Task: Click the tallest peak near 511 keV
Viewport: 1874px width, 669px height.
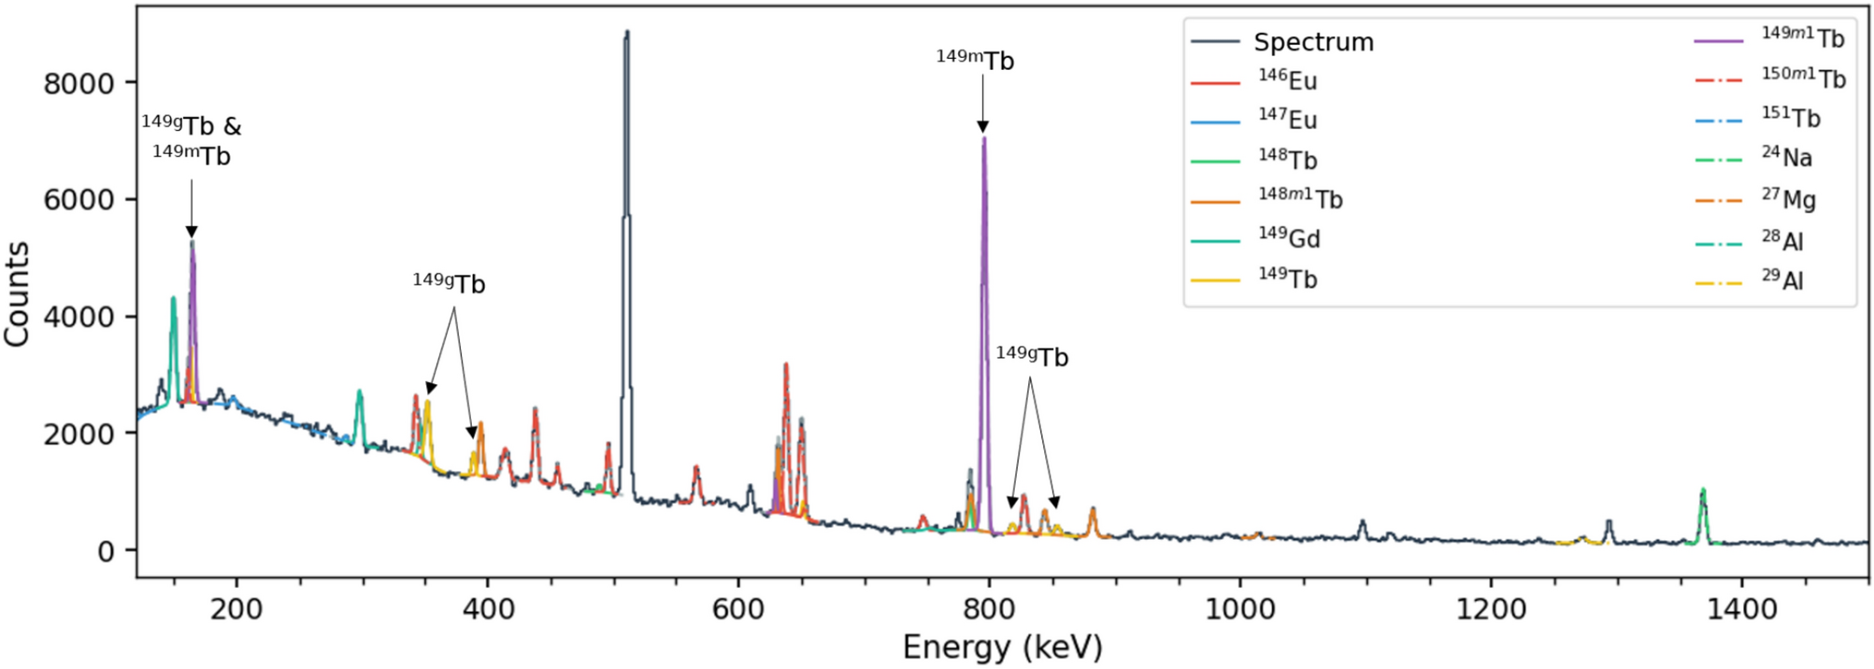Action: tap(626, 37)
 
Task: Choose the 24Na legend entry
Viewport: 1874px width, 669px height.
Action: tap(1786, 158)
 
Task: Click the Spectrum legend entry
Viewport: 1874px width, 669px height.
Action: tap(1312, 42)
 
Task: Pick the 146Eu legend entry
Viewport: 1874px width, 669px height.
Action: tap(1288, 81)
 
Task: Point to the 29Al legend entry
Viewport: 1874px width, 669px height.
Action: tap(1782, 280)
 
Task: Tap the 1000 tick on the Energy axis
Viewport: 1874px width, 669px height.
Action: tap(1239, 609)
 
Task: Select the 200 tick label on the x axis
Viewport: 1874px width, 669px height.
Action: tap(236, 609)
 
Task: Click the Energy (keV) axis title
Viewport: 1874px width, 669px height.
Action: tap(1002, 648)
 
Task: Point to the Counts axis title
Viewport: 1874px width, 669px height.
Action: tap(17, 293)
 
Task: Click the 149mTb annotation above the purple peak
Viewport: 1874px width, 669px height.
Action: tap(975, 61)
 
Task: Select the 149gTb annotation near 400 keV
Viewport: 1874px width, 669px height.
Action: tap(450, 283)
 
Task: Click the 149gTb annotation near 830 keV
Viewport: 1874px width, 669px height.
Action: tap(1032, 357)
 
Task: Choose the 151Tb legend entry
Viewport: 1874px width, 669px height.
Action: tap(1790, 119)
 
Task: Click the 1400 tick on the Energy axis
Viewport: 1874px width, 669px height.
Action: tap(1741, 609)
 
